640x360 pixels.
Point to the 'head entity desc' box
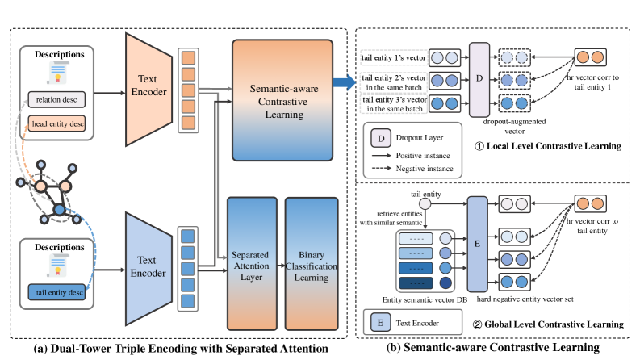pos(58,124)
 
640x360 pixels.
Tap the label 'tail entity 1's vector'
pos(395,58)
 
